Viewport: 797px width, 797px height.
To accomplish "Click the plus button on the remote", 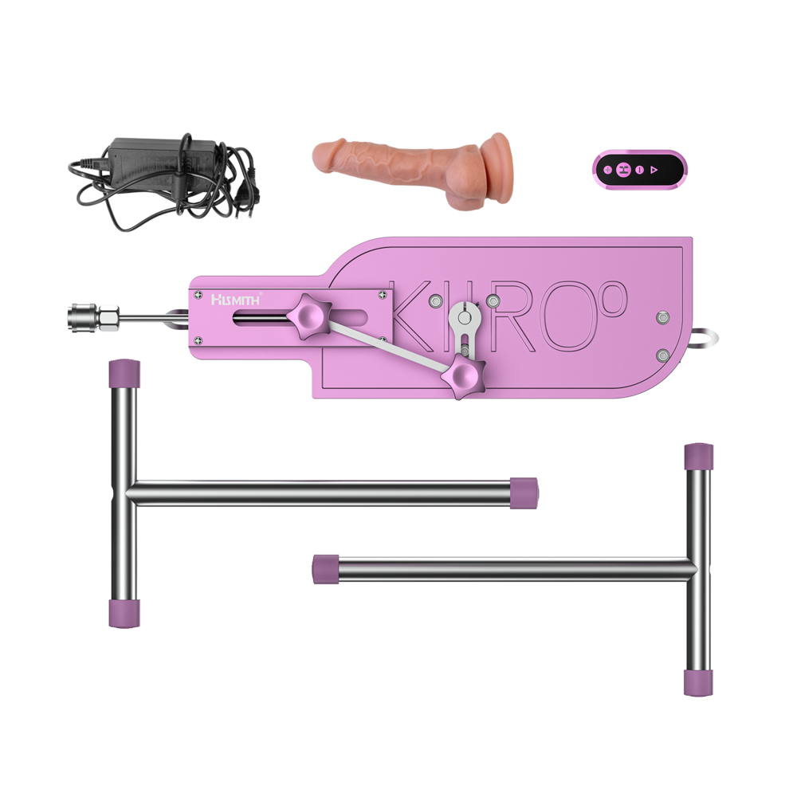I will pyautogui.click(x=608, y=170).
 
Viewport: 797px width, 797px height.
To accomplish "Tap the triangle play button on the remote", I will pyautogui.click(x=654, y=170).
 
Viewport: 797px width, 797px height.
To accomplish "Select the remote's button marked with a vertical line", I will pyautogui.click(x=639, y=170).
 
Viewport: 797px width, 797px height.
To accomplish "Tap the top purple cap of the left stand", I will pyautogui.click(x=124, y=372).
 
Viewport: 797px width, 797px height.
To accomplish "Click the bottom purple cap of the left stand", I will pyautogui.click(x=124, y=614).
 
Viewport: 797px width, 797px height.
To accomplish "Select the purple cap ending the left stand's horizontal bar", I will pyautogui.click(x=524, y=492).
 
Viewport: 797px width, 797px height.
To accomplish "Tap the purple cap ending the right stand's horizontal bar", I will pyautogui.click(x=325, y=568).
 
